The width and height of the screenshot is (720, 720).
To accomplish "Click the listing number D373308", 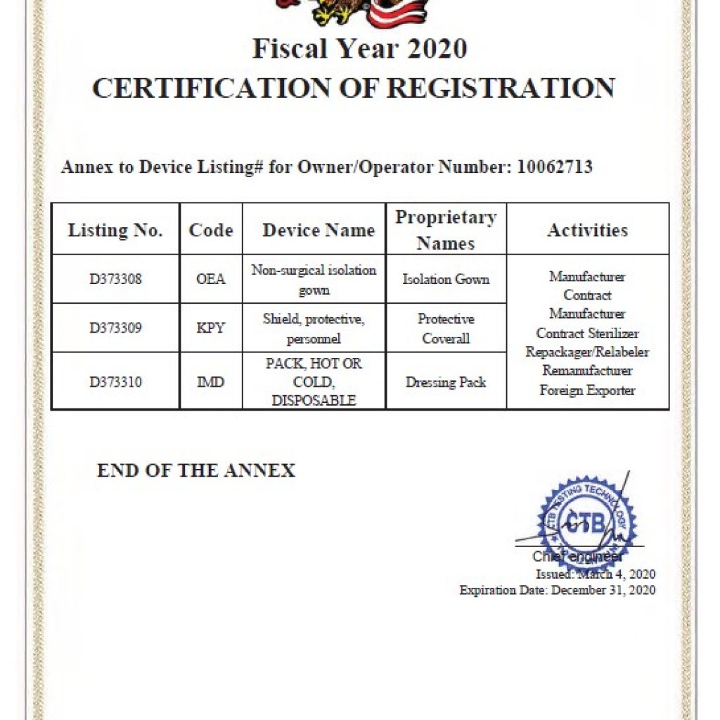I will (115, 279).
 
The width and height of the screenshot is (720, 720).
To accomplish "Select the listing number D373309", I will (115, 328).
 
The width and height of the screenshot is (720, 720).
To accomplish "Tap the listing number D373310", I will (115, 382).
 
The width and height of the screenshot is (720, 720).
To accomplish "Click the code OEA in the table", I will (211, 279).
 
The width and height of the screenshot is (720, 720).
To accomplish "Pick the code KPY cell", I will (211, 328).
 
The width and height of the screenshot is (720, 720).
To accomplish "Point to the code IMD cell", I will (211, 382).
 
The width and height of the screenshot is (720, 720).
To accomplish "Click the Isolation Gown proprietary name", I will (446, 279).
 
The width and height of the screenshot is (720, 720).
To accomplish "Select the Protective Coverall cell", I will (446, 328).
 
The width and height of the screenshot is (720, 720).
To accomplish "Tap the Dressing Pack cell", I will (446, 382).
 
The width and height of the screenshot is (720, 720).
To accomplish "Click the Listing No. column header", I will (115, 230).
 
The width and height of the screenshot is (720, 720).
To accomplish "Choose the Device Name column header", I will (318, 230).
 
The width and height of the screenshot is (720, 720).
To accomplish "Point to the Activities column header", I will (587, 230).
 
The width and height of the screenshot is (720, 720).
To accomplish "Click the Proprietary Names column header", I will (446, 230).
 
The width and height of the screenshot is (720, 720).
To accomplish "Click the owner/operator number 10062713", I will (554, 167).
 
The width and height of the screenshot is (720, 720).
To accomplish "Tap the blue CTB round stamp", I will (586, 525).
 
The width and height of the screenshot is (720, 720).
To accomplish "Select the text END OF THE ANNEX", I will (196, 470).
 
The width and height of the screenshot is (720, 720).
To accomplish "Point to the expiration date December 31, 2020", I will (603, 590).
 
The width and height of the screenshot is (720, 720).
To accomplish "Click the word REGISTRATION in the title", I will (501, 88).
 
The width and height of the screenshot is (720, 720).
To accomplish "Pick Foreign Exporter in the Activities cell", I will (587, 390).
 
